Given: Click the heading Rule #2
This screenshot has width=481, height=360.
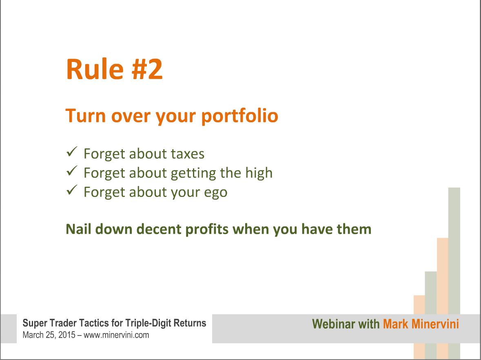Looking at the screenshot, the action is pyautogui.click(x=114, y=69).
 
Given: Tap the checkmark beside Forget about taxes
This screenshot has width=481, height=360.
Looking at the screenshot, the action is pyautogui.click(x=72, y=152).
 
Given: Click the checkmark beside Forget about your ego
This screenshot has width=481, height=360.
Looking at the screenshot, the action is pyautogui.click(x=72, y=190).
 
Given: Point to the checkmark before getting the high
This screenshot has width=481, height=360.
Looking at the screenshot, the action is pyautogui.click(x=72, y=171).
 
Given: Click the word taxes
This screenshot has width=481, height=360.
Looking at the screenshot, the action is pyautogui.click(x=187, y=154).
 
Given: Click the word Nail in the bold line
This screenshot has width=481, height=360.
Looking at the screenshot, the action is pyautogui.click(x=78, y=229).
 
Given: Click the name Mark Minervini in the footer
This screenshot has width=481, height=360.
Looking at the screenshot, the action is pyautogui.click(x=421, y=324).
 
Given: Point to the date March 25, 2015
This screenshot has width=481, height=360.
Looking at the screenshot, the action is pyautogui.click(x=49, y=335).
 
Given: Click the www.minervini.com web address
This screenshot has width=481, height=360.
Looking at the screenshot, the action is pyautogui.click(x=116, y=335).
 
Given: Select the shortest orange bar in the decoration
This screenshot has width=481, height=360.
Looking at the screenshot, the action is pyautogui.click(x=419, y=327).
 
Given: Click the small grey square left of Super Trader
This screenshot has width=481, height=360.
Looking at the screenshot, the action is pyautogui.click(x=9, y=329).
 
